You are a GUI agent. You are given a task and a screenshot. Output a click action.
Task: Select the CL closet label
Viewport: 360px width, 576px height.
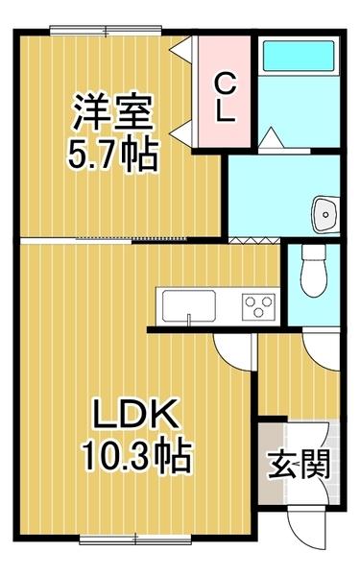point(223,96)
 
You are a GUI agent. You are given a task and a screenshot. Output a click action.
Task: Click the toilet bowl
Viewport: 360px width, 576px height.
point(312,272)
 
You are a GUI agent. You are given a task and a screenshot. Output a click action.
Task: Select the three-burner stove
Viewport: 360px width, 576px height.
point(257,306)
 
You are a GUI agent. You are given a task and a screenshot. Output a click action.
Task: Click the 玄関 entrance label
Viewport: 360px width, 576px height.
point(299,467)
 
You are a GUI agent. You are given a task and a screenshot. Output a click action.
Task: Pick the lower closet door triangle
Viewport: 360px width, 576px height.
point(182,126)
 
